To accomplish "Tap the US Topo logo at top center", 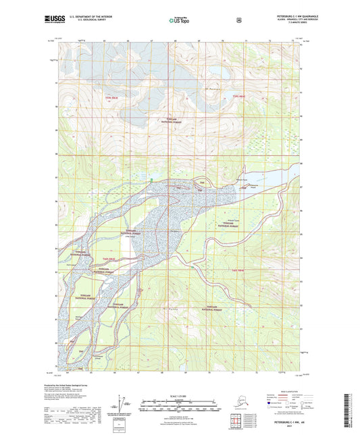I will click(180, 20).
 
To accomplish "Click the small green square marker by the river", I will click(151, 179).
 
